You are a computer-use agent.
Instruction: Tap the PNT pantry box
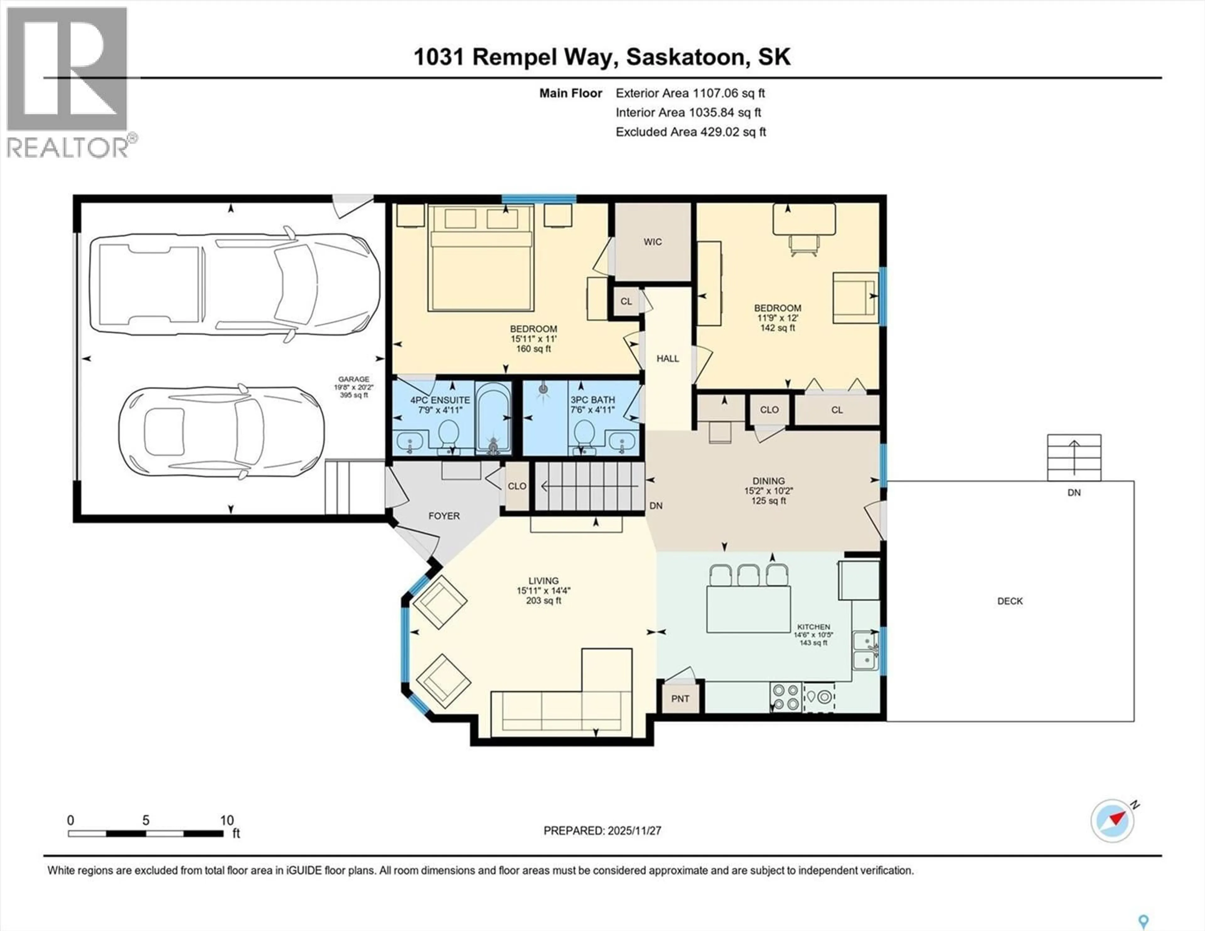click(x=680, y=699)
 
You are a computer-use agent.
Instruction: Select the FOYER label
click(x=444, y=516)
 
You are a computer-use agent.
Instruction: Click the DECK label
click(x=1010, y=601)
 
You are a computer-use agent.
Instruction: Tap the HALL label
click(x=667, y=359)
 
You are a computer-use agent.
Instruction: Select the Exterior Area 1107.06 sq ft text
click(x=690, y=93)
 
